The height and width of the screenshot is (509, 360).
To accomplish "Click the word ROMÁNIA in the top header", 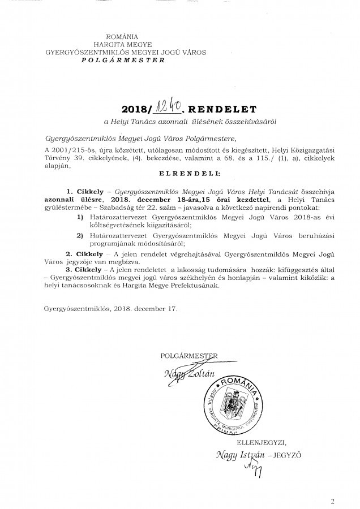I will point(125,37).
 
